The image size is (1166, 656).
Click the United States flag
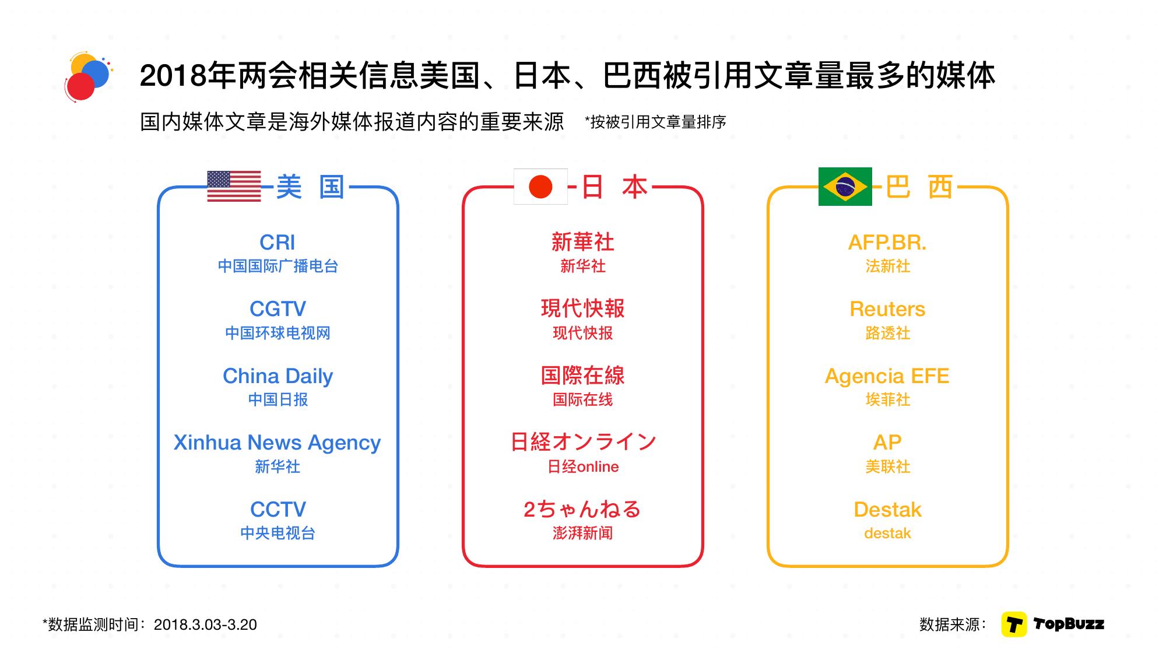pos(234,186)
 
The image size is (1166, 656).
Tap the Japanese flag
pos(540,187)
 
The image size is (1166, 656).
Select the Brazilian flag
pos(845,187)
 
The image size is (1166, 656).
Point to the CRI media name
pos(278,242)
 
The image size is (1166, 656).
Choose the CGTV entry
pos(278,308)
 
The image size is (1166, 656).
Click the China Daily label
pos(278,376)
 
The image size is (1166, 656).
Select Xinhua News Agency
pos(278,443)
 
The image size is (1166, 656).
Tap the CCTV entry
pos(278,509)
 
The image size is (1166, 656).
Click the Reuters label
pos(887,309)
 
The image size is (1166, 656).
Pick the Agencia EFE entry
pos(887,376)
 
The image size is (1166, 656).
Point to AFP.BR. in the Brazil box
pos(887,242)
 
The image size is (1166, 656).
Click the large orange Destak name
pos(887,510)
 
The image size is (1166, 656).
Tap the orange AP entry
pos(887,443)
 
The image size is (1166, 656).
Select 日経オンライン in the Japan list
pos(583,442)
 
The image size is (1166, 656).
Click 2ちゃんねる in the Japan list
pos(583,509)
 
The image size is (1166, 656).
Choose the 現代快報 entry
pos(583,308)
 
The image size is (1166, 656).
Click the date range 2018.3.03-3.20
pos(205,625)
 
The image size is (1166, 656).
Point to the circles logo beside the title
pos(89,78)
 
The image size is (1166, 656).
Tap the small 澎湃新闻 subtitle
pos(583,533)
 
